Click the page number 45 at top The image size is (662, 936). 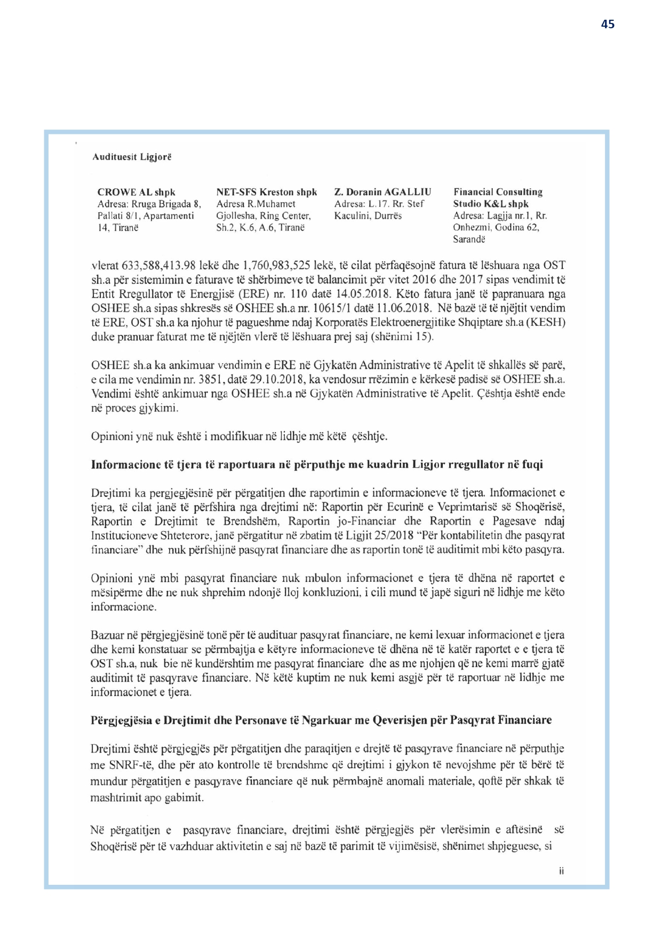pyautogui.click(x=608, y=24)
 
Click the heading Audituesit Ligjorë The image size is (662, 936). pyautogui.click(x=132, y=157)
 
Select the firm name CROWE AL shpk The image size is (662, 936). pyautogui.click(x=136, y=192)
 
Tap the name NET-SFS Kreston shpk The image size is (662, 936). pyautogui.click(x=267, y=192)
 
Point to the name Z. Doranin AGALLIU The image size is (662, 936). pyautogui.click(x=382, y=192)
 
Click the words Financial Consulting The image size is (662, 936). pyautogui.click(x=498, y=192)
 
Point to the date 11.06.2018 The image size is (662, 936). pyautogui.click(x=404, y=308)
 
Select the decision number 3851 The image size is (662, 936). pyautogui.click(x=210, y=380)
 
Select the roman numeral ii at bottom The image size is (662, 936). pyautogui.click(x=561, y=871)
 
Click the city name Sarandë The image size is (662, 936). pyautogui.click(x=469, y=239)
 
